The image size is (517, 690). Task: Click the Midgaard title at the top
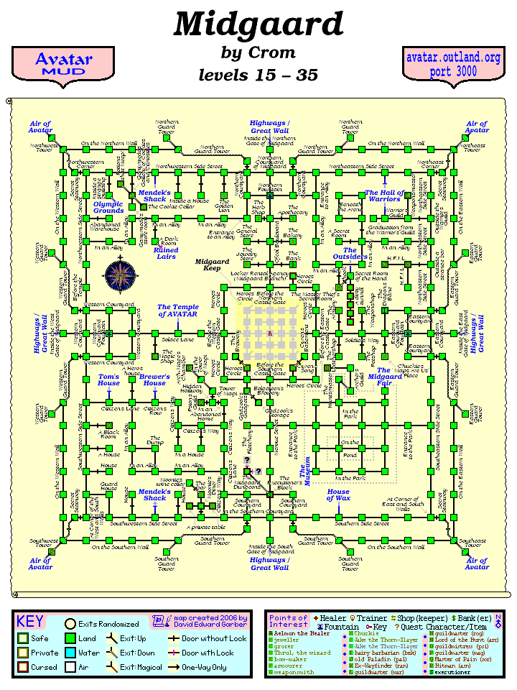258,24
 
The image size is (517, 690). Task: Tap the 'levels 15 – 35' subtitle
258,75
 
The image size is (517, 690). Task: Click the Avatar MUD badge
64,64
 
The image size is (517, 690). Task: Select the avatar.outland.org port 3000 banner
453,64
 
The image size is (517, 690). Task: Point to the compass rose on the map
120,274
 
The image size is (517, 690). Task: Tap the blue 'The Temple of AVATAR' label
178,311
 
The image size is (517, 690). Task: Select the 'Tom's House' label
109,379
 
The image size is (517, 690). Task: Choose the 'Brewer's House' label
154,379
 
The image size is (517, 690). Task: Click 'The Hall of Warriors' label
384,196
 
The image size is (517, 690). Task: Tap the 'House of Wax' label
338,495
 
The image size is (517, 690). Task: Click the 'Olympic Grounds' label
108,207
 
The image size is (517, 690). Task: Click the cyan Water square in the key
70,653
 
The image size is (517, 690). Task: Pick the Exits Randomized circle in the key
70,624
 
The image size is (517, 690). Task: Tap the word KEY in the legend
30,622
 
